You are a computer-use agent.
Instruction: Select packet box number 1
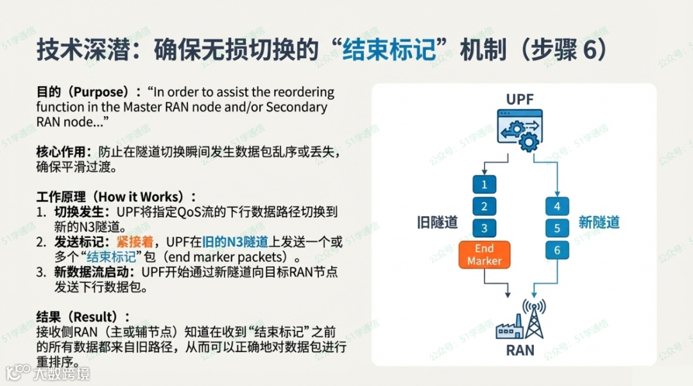point(484,185)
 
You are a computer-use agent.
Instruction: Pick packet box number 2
point(484,206)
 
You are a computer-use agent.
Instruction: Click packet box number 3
point(484,228)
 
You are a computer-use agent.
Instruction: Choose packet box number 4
point(557,206)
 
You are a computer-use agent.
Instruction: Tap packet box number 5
point(557,228)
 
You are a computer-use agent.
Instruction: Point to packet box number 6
point(557,250)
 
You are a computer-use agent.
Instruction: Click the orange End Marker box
point(484,255)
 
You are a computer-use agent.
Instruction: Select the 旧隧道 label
point(437,222)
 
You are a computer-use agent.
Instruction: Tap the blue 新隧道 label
point(599,222)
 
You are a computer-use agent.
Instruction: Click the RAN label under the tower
point(520,351)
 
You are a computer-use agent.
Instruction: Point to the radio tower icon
point(534,319)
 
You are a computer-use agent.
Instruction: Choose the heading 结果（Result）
point(83,317)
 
